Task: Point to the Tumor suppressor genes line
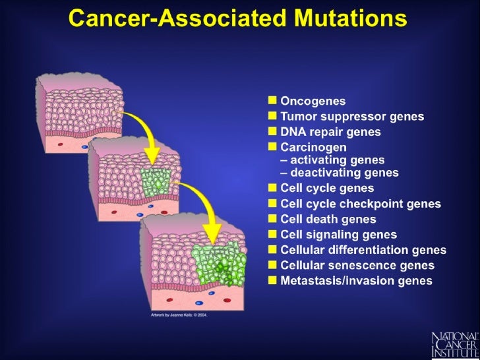coord(352,117)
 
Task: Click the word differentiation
coord(370,250)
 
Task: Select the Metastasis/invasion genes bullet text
coord(356,281)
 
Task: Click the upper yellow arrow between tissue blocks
coord(145,132)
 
